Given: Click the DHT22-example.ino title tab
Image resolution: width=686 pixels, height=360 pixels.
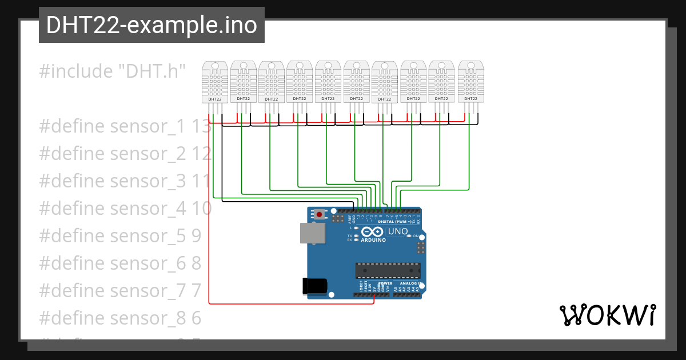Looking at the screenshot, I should coord(151,25).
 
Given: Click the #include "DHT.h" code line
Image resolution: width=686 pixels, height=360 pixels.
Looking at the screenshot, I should coord(113,71).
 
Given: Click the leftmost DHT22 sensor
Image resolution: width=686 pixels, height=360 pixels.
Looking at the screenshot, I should coord(215,83).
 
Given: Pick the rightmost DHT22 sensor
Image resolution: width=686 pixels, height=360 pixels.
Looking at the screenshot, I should coord(470,83).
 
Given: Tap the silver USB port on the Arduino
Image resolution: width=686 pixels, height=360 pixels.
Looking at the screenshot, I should coord(312,233).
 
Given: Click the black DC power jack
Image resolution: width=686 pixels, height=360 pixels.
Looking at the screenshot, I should coord(314,286).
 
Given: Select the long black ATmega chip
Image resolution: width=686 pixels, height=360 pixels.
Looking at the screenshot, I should coord(388,270).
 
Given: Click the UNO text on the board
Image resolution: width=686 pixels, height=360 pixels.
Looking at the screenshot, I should coord(398,232).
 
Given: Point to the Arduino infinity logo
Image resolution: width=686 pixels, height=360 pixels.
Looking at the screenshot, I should coord(373,232).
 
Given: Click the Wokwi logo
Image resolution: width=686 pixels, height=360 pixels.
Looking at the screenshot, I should coord(607,315).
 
